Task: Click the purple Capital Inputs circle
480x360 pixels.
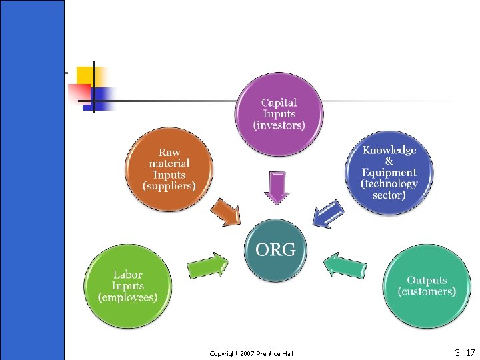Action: point(279,114)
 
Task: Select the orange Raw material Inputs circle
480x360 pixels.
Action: point(169,169)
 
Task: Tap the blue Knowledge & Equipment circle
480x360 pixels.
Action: point(390,173)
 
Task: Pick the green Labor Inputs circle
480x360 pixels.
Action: point(128,286)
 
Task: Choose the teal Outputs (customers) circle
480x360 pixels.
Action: point(427,286)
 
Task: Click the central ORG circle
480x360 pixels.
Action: point(276,250)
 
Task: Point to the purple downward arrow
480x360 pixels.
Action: point(277,187)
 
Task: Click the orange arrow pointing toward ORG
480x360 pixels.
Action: point(226,213)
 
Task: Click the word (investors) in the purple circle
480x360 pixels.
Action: point(279,125)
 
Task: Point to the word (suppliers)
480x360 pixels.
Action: point(169,186)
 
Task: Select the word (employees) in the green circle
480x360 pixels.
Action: point(127,297)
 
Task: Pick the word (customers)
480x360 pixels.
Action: point(427,291)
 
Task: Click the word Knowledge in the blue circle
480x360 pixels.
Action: point(390,150)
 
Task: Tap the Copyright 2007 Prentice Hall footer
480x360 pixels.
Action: point(251,353)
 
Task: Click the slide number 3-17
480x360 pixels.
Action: point(465,351)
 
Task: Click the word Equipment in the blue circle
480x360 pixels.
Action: point(390,173)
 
